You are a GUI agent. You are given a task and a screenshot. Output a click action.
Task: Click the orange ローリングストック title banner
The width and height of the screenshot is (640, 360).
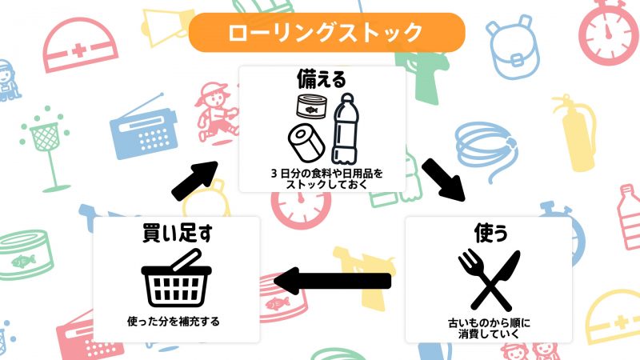[x=326, y=32]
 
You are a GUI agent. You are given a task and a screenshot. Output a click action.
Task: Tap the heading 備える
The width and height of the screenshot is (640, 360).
[x=322, y=78]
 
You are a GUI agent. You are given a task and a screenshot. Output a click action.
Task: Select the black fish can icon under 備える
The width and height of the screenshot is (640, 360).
[x=312, y=106]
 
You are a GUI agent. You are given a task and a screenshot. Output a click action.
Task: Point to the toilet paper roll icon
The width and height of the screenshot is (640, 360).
[x=306, y=142]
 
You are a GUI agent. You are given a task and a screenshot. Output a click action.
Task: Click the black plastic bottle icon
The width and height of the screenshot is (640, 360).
[x=346, y=129]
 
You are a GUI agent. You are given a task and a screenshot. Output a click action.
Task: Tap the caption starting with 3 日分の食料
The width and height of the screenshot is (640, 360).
[x=326, y=178]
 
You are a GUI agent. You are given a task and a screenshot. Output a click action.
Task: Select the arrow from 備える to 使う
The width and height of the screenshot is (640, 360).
[x=443, y=180]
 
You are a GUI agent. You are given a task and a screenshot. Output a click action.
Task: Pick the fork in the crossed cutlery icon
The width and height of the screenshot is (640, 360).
[x=484, y=280]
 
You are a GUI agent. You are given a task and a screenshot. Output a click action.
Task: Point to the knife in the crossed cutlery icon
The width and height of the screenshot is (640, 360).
[x=495, y=280]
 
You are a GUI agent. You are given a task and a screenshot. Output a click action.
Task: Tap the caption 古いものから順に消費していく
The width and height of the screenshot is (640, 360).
[x=489, y=329]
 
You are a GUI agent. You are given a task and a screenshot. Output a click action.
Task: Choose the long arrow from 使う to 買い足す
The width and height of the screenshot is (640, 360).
[x=332, y=281]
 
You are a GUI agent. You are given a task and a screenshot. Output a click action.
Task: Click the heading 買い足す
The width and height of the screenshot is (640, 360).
[x=177, y=233]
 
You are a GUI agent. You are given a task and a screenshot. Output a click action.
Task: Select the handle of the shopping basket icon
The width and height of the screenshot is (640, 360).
[x=186, y=260]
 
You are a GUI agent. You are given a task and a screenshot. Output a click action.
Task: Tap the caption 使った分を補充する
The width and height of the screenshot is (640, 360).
[x=174, y=322]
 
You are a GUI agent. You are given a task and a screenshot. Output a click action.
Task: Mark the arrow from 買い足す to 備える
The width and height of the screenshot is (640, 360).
[x=195, y=181]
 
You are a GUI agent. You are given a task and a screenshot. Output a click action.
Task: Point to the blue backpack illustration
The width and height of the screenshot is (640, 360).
[x=512, y=49]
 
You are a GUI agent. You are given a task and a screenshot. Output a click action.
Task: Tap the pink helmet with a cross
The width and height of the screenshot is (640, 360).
[x=80, y=45]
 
